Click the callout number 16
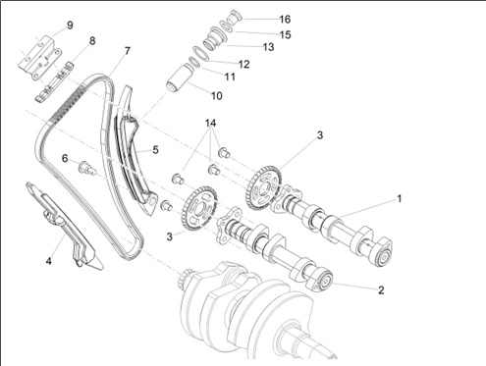pyautogui.click(x=285, y=20)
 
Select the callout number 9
pyautogui.click(x=70, y=26)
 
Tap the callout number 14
pyautogui.click(x=210, y=124)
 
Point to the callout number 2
pyautogui.click(x=381, y=290)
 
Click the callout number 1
pyautogui.click(x=399, y=198)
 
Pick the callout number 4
pyautogui.click(x=49, y=261)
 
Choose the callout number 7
pyautogui.click(x=128, y=51)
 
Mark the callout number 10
pyautogui.click(x=217, y=96)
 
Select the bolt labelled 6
pyautogui.click(x=86, y=167)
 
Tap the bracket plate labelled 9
pyautogui.click(x=40, y=57)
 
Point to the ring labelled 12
pyautogui.click(x=200, y=53)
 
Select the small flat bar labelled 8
pyautogui.click(x=54, y=81)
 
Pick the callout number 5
pyautogui.click(x=155, y=150)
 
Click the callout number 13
pyautogui.click(x=268, y=47)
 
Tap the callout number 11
pyautogui.click(x=230, y=77)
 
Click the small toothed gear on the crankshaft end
pyautogui.click(x=186, y=277)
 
